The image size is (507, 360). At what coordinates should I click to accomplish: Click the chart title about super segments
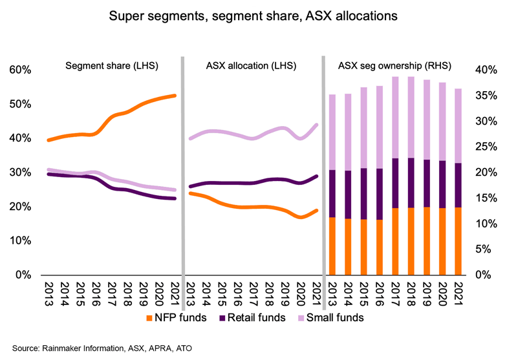(x=253, y=14)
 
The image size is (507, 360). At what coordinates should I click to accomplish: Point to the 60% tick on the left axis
(x=19, y=70)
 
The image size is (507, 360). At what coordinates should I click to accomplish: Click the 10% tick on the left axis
(x=19, y=241)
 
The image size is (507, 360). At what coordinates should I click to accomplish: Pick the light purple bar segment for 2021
(x=458, y=125)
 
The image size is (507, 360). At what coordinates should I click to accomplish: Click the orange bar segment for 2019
(x=427, y=240)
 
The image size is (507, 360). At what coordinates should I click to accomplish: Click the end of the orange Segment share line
(x=175, y=96)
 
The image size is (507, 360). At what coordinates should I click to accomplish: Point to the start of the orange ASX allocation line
(x=189, y=193)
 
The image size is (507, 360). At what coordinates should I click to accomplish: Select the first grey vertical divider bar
(x=182, y=168)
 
